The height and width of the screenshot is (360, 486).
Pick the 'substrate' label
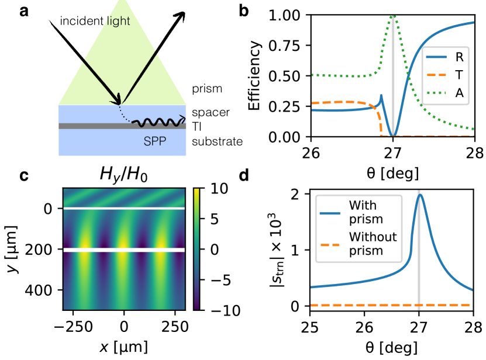pos(217,142)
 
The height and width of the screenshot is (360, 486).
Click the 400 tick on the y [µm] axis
pos(44,290)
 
